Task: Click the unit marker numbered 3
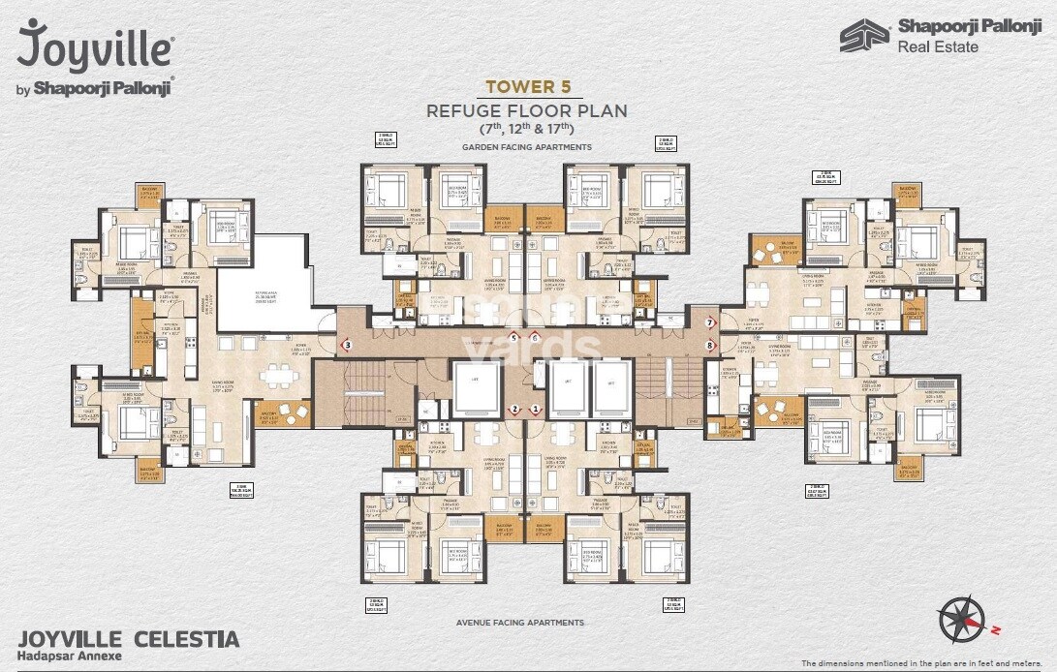(x=347, y=344)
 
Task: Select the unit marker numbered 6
(x=535, y=337)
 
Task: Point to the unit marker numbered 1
(x=535, y=409)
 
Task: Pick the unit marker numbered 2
(x=515, y=409)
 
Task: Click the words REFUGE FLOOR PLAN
(x=527, y=110)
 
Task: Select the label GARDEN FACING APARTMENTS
(x=527, y=147)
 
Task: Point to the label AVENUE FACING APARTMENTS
(x=520, y=623)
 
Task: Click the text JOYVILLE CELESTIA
(x=129, y=639)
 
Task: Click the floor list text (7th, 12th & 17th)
(x=527, y=129)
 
